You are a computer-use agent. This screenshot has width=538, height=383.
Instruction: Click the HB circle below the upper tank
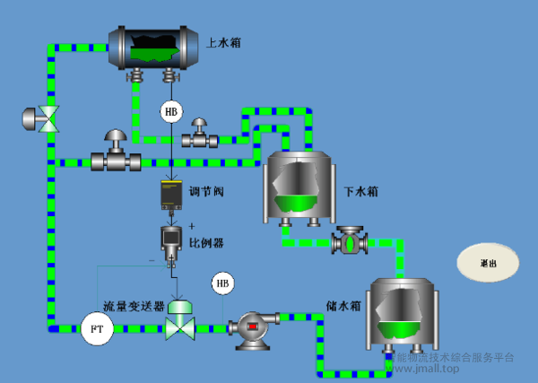tap(171, 111)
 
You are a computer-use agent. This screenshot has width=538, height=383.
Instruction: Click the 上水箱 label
tap(223, 42)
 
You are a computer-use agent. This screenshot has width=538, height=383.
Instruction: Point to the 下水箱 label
tap(361, 191)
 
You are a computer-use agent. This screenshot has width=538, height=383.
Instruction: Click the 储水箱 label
tap(343, 305)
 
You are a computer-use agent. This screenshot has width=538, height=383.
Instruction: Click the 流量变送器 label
tap(133, 305)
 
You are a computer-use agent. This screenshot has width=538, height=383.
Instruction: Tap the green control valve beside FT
tap(181, 321)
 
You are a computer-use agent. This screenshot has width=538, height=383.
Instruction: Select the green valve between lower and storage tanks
tap(346, 242)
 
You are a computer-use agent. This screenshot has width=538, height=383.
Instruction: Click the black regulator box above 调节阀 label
tap(172, 196)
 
